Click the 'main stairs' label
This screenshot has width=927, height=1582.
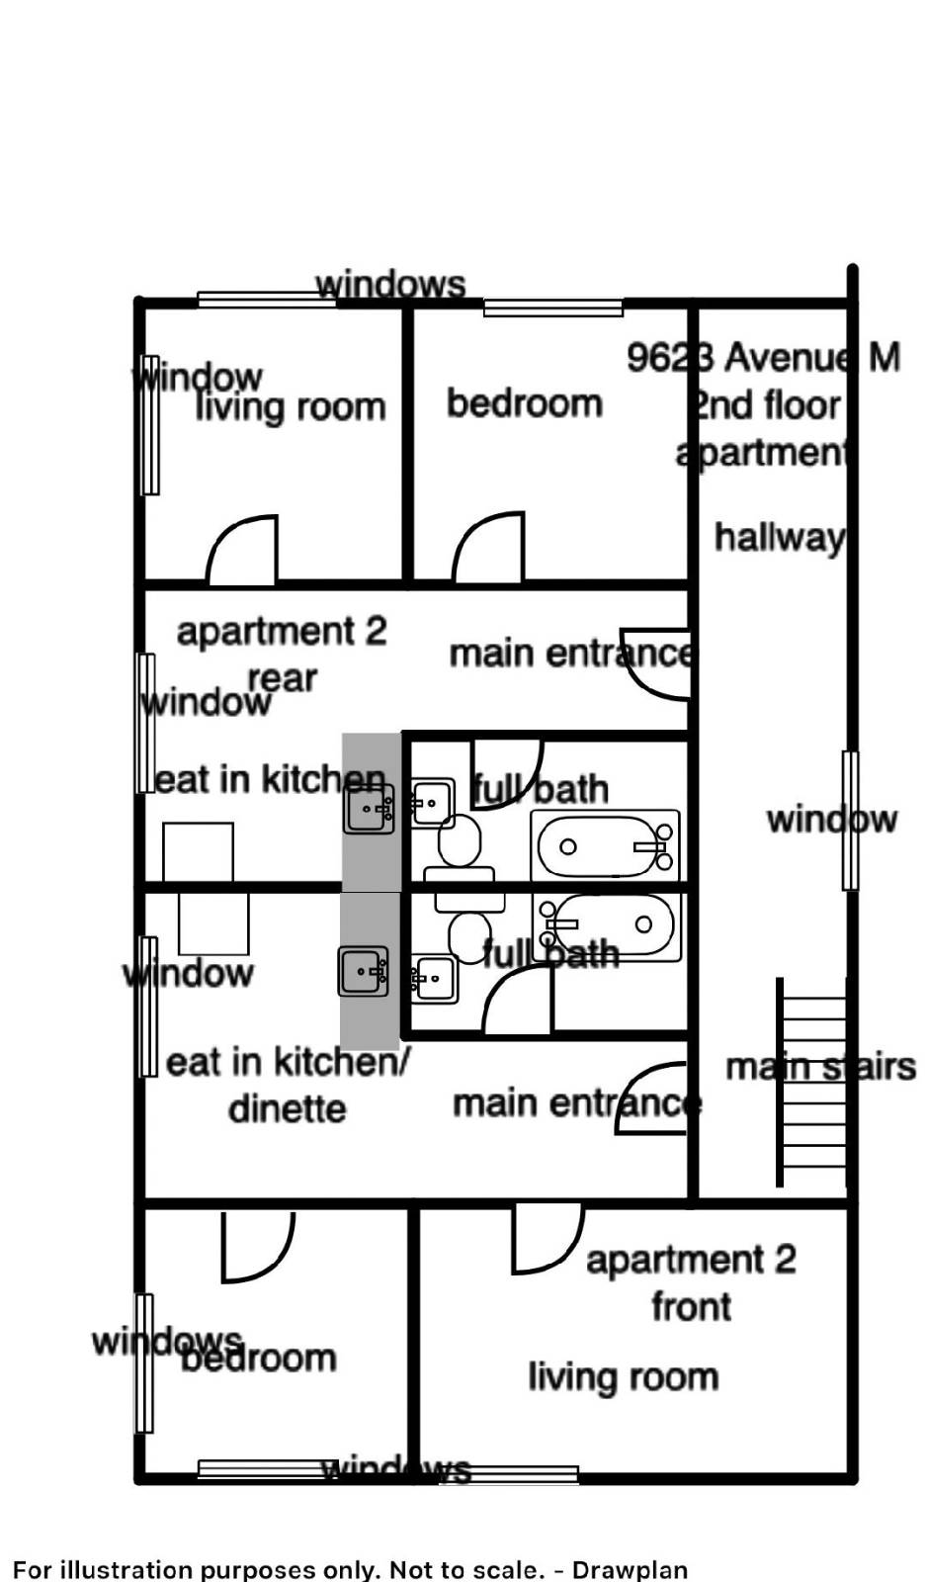[x=820, y=1067]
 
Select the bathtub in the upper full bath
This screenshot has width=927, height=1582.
[x=605, y=846]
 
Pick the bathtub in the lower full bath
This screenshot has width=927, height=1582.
[x=605, y=926]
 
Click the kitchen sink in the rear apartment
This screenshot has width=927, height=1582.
[x=370, y=809]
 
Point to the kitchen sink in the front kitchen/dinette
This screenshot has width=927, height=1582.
[x=364, y=972]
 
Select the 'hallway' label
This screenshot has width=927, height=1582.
[x=780, y=538]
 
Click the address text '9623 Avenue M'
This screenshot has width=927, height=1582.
[x=763, y=357]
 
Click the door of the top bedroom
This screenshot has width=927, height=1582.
[x=488, y=550]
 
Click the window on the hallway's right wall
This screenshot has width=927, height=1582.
[x=850, y=820]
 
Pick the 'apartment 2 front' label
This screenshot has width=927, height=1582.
[x=691, y=1282]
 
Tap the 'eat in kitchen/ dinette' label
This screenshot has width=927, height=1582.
[x=287, y=1085]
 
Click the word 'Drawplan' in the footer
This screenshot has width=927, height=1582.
[x=631, y=1569]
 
